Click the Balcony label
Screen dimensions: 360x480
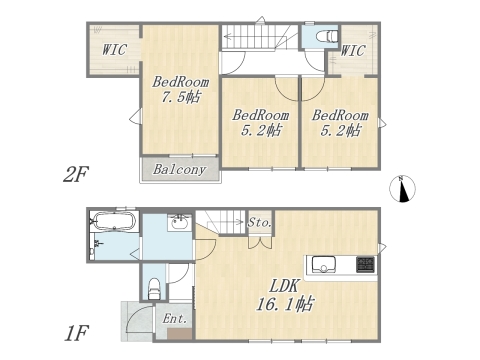coord(181,169)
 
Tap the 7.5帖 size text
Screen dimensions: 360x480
coord(181,97)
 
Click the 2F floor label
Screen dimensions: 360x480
coord(77,175)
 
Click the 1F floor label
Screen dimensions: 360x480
coord(77,331)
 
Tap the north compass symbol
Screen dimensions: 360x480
coord(404,188)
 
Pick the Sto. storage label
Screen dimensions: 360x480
coord(260,222)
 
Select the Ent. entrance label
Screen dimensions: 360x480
coord(174,320)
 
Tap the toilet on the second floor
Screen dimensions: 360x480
coord(326,37)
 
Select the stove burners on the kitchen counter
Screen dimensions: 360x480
coord(364,265)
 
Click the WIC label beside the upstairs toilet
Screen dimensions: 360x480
coord(354,50)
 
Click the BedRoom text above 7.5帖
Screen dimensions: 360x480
coord(181,81)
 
